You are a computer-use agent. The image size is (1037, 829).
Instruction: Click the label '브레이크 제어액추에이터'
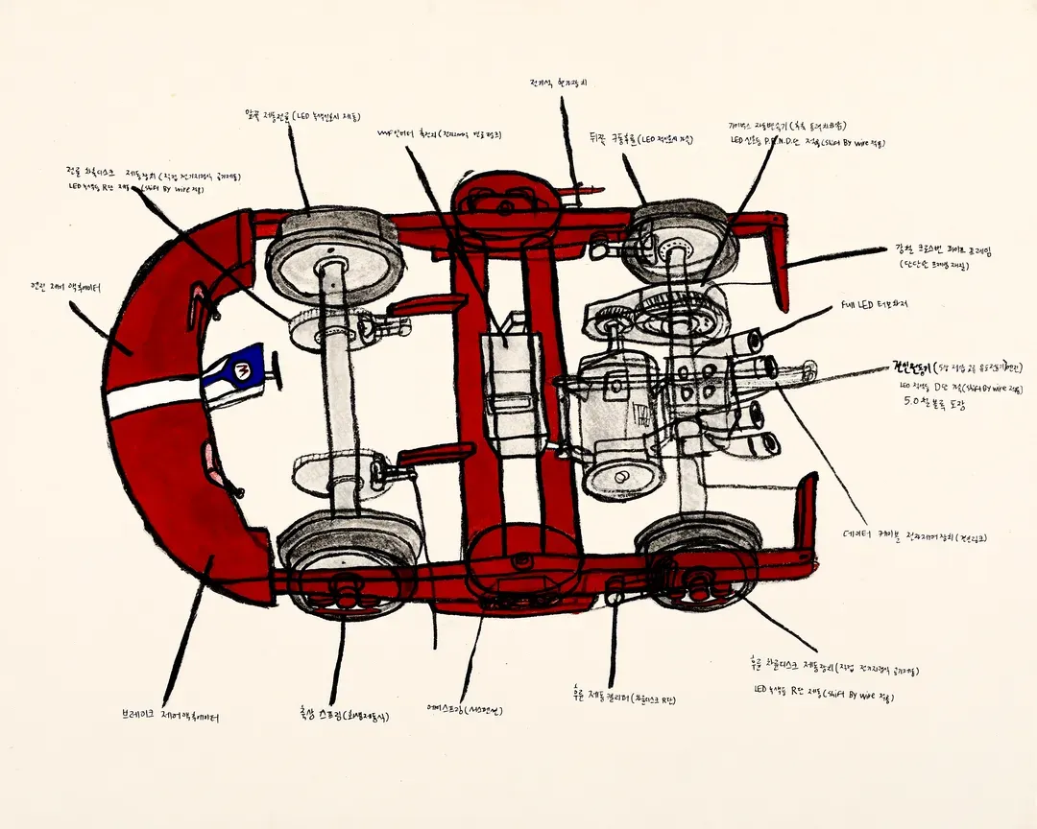click(170, 716)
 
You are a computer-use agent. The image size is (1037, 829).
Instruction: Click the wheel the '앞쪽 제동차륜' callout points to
click(333, 251)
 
